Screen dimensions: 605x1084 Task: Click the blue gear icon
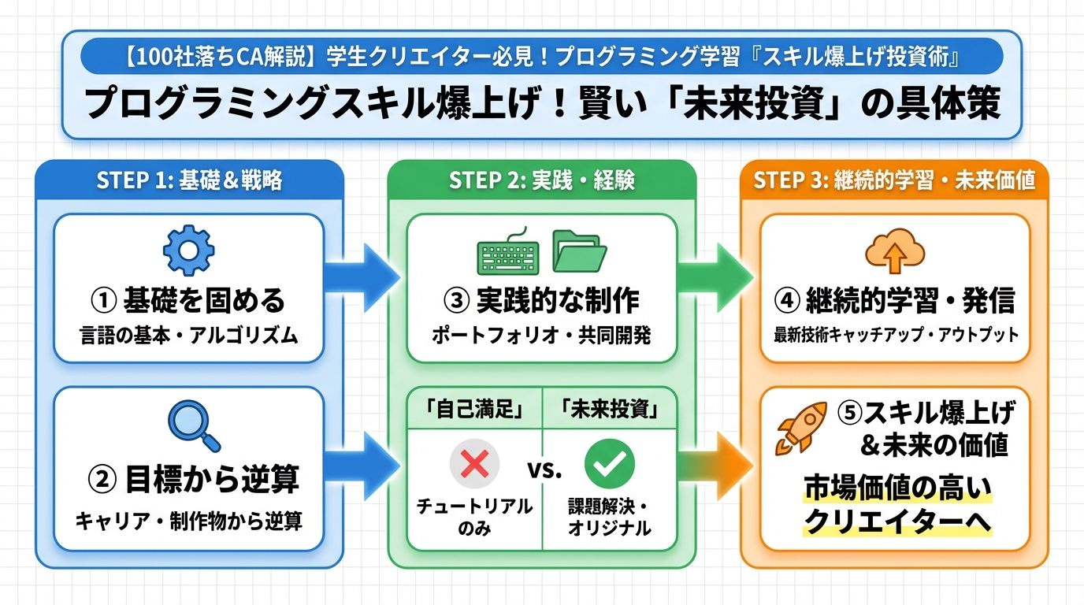(188, 251)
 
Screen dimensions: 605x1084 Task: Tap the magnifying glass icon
(193, 425)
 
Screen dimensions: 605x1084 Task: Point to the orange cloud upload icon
(893, 251)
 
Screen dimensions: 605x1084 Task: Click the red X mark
(474, 464)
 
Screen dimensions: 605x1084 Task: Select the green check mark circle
(609, 464)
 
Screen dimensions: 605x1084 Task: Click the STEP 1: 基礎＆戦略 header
(189, 180)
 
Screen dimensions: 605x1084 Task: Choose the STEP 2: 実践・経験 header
(542, 180)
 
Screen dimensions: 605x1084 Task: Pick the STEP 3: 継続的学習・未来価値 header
(894, 180)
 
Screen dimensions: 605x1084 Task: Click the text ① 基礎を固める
(188, 300)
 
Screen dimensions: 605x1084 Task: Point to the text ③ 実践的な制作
(541, 300)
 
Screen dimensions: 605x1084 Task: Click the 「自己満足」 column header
(474, 410)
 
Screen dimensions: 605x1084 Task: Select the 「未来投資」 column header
(609, 410)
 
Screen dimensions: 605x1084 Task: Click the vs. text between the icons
(542, 470)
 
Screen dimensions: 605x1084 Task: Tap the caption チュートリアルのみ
(474, 517)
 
